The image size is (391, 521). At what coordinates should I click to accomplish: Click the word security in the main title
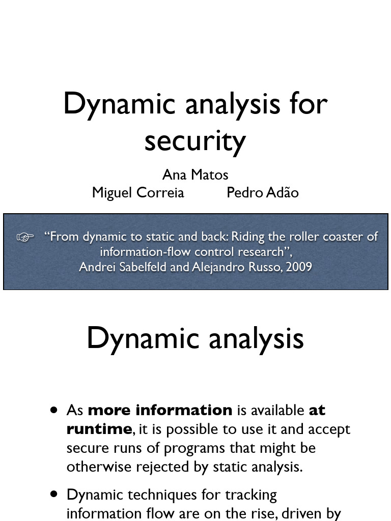[x=195, y=141]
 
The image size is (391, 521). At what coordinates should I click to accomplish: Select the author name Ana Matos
[x=195, y=175]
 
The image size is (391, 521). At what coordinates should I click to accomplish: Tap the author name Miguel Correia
[x=137, y=192]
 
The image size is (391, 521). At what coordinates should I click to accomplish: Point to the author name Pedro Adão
[x=262, y=192]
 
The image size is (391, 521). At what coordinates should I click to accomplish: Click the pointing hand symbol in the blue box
[x=25, y=237]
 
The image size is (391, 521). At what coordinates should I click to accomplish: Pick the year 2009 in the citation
[x=299, y=267]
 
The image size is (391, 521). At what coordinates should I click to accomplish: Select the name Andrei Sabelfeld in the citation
[x=123, y=267]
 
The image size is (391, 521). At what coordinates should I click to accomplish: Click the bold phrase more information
[x=160, y=410]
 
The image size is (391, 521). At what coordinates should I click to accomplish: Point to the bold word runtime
[x=99, y=429]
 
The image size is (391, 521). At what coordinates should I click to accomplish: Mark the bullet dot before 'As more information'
[x=54, y=411]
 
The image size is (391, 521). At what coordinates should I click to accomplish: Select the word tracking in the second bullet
[x=250, y=495]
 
